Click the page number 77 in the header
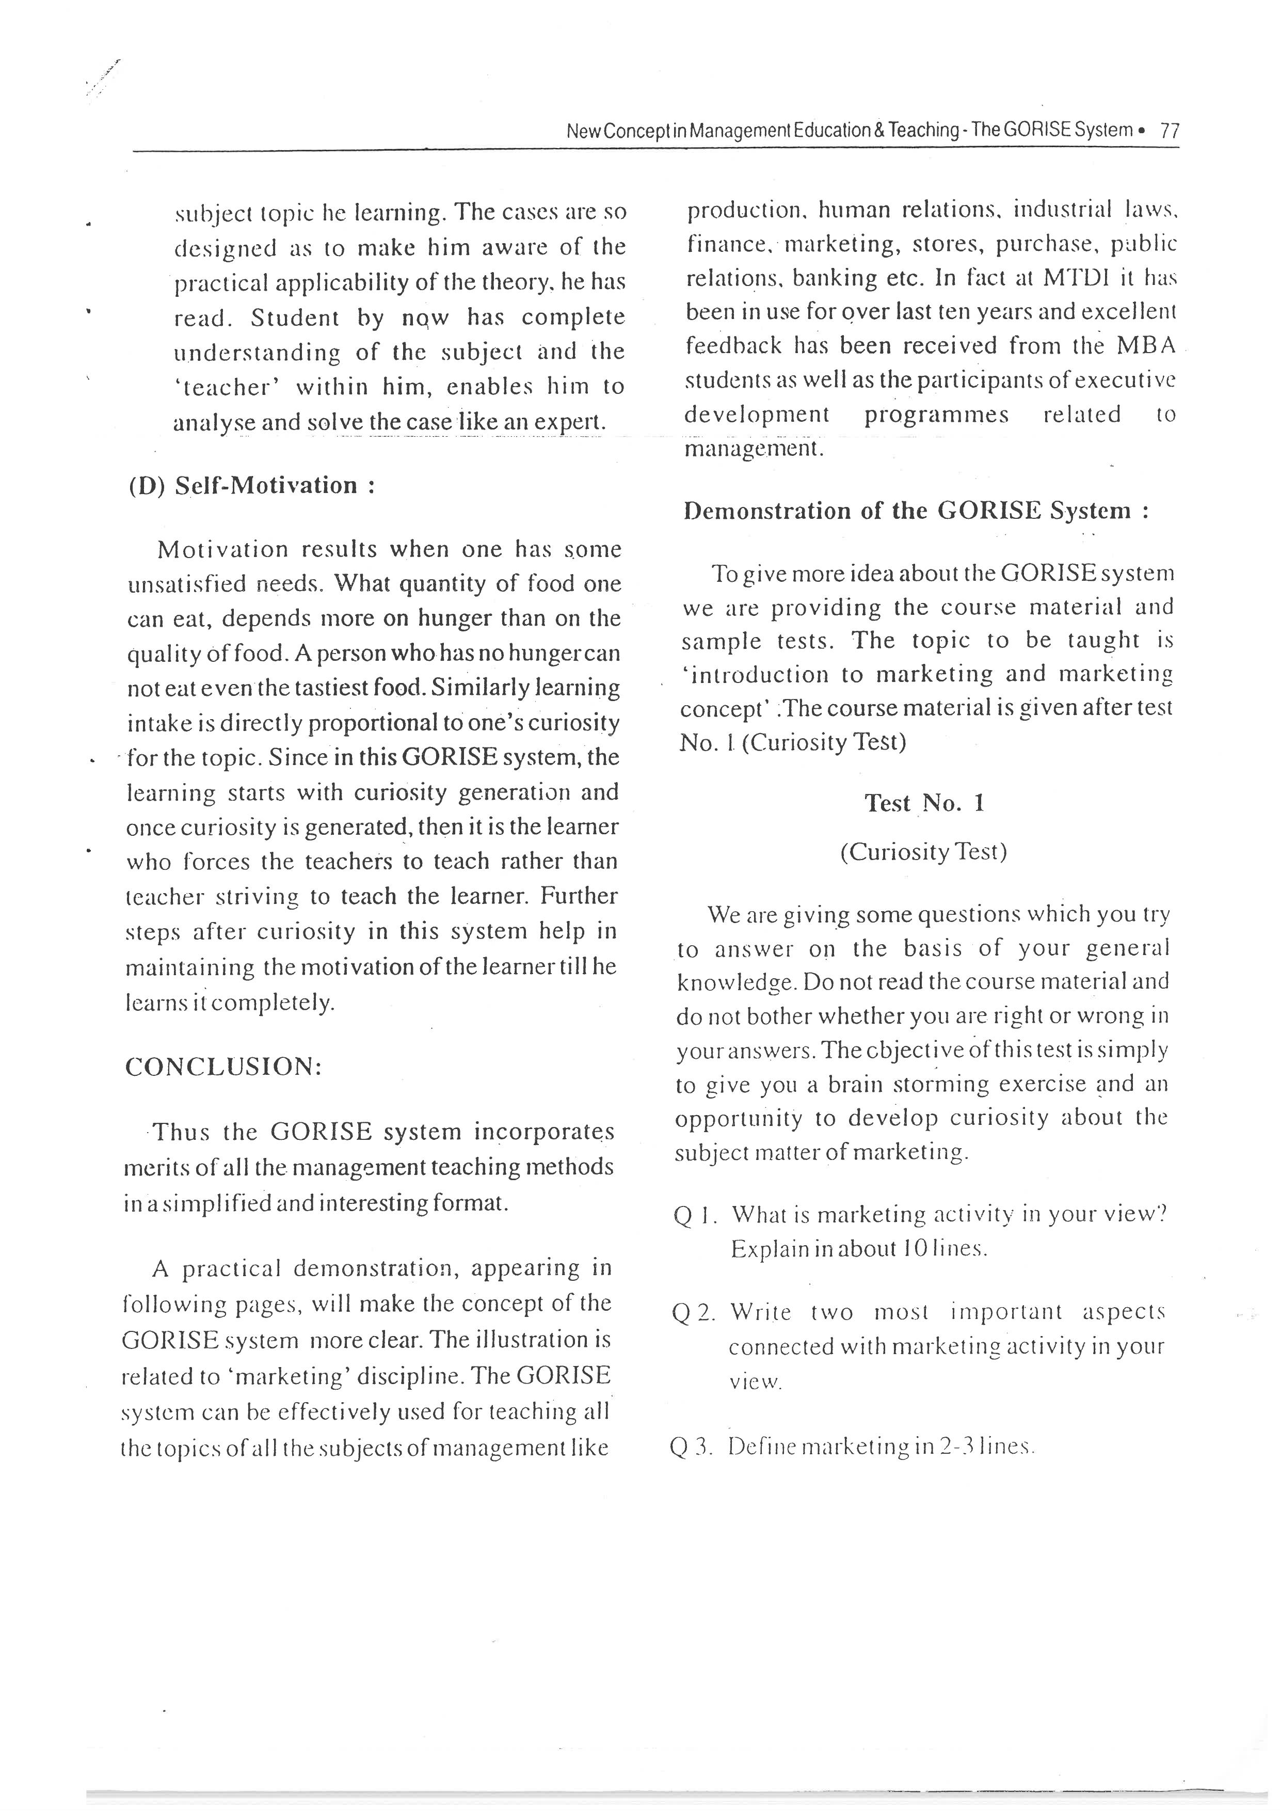(1170, 131)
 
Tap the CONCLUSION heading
(223, 1067)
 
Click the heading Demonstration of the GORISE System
(915, 511)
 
